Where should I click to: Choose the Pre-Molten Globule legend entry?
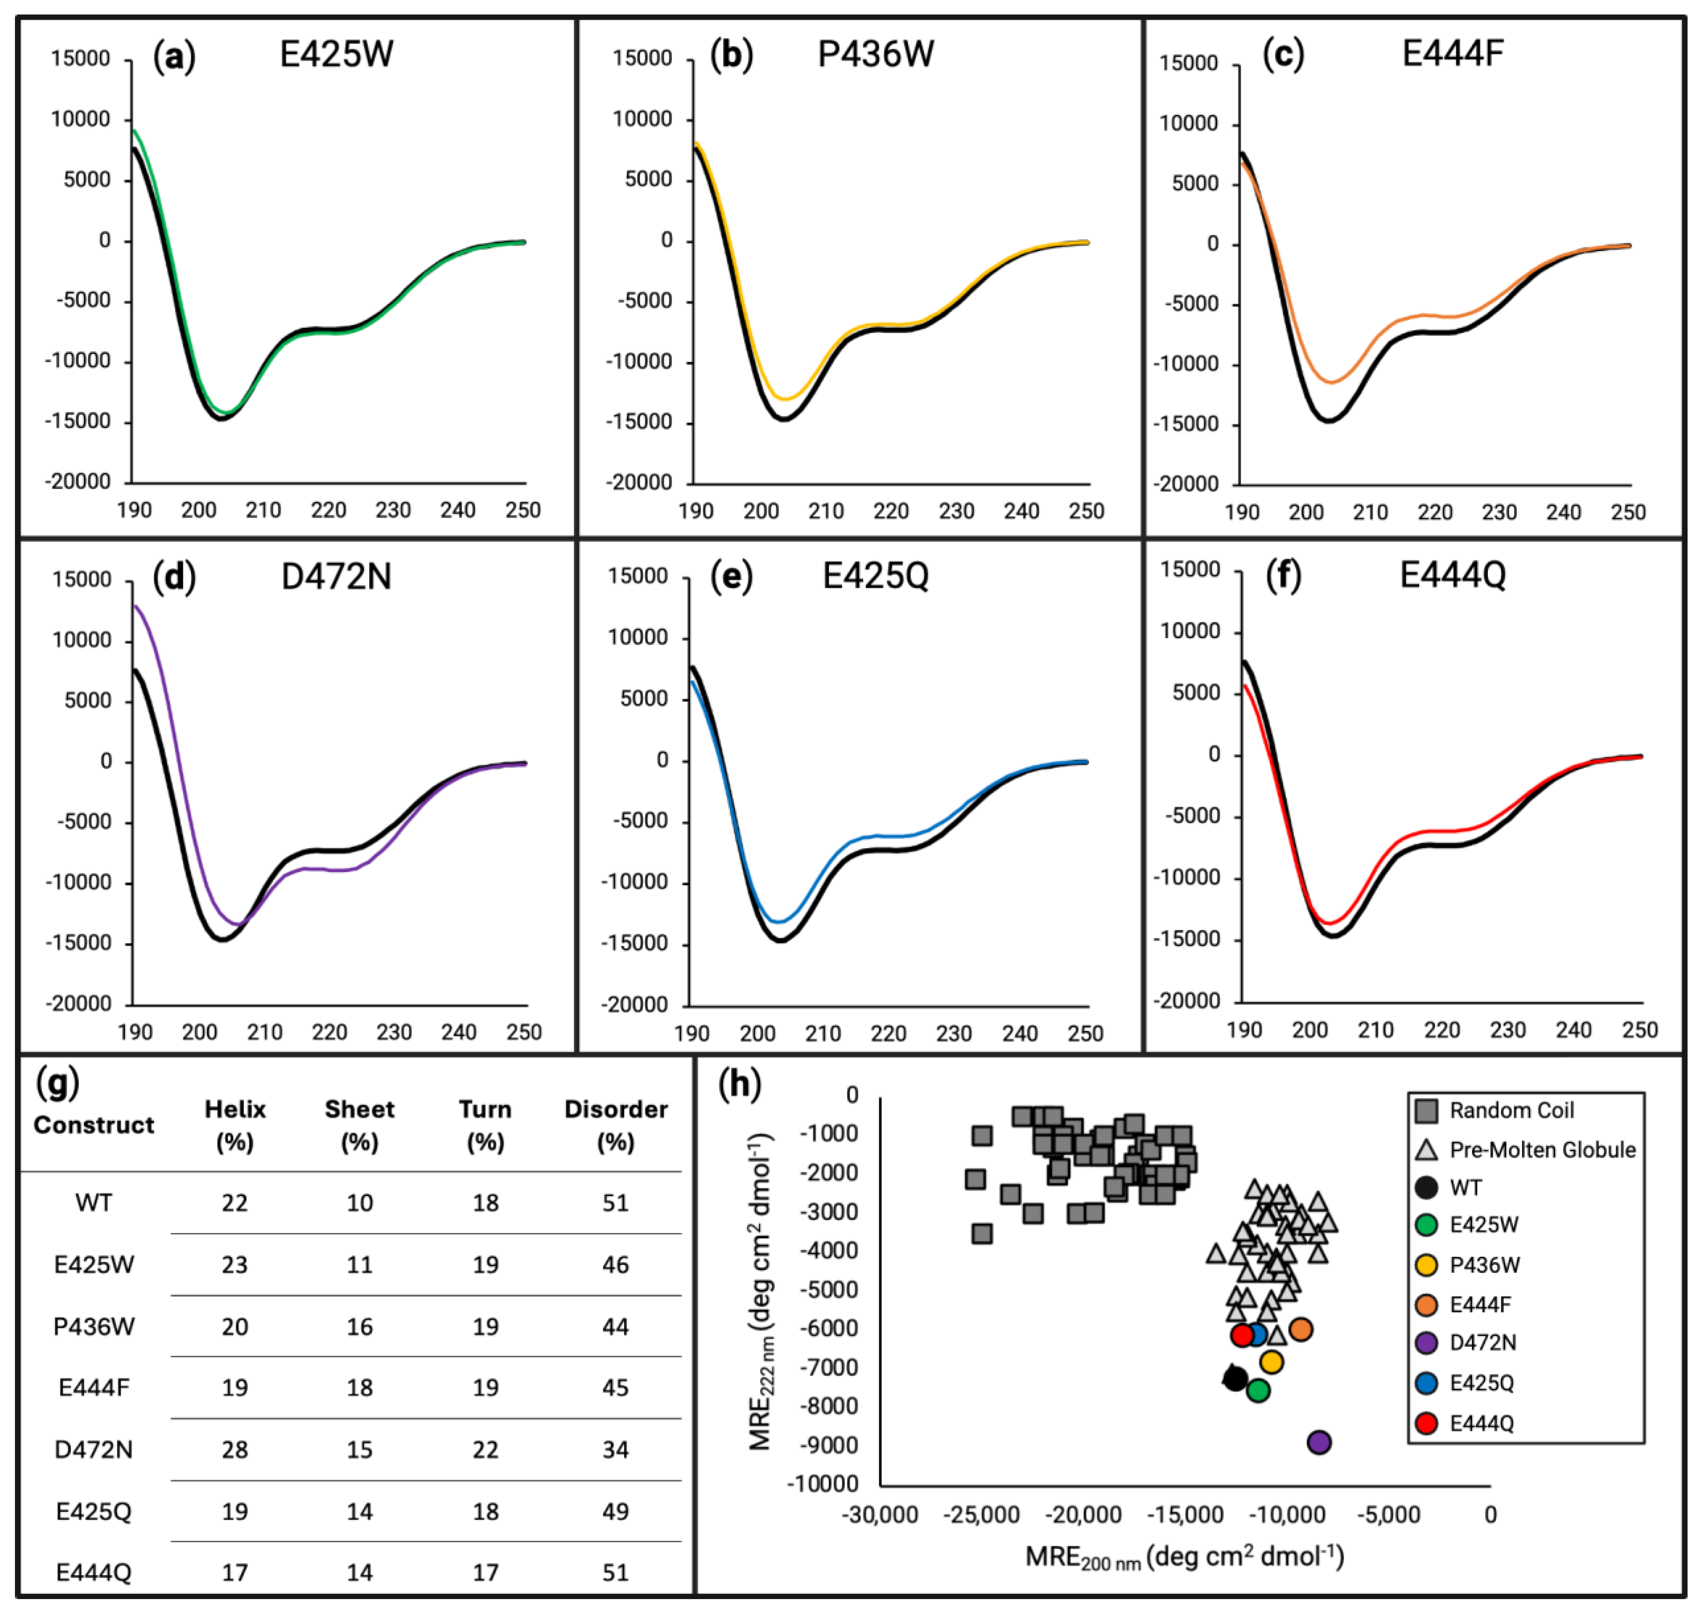[x=1541, y=1149]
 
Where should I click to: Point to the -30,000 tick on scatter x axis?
[x=880, y=1515]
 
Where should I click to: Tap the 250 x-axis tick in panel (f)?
[x=1639, y=1030]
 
